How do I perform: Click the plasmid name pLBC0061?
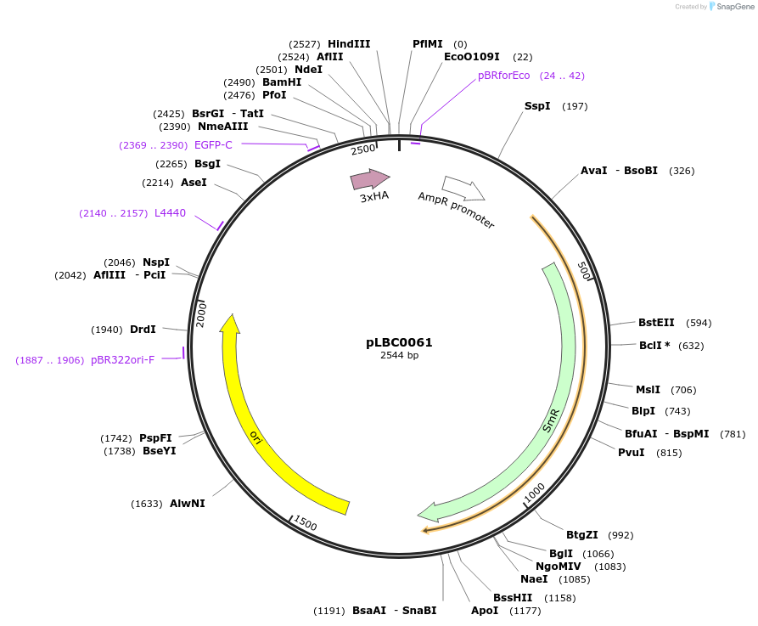tap(399, 342)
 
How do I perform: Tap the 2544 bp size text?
tap(399, 355)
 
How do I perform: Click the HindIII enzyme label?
tap(349, 44)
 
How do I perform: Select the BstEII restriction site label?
tap(656, 322)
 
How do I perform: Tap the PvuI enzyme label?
tap(631, 452)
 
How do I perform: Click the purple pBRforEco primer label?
tap(503, 76)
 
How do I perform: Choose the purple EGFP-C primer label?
tap(213, 145)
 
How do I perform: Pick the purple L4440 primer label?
tap(170, 213)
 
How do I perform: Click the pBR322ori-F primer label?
tap(122, 360)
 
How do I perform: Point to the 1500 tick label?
tap(305, 523)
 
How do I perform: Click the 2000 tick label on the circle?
tap(202, 313)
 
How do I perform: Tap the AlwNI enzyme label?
tap(187, 503)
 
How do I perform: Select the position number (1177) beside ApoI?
tap(525, 611)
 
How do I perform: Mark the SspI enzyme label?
tap(537, 106)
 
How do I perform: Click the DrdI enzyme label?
tap(143, 330)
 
